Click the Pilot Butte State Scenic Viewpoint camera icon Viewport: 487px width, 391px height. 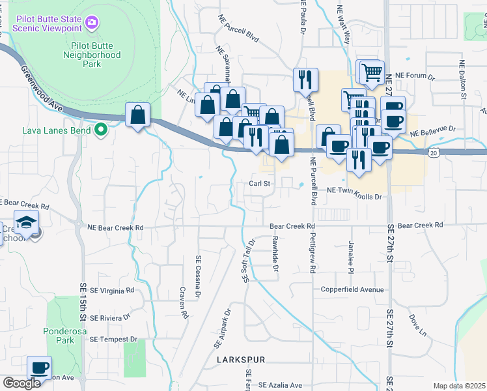tap(92, 23)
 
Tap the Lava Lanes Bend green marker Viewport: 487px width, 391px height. tap(100, 130)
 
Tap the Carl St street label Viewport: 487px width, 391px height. tap(259, 184)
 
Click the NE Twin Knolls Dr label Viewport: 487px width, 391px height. tap(352, 189)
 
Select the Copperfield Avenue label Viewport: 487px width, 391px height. tap(352, 289)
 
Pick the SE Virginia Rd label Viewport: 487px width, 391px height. tap(113, 290)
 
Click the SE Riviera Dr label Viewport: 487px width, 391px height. tap(110, 318)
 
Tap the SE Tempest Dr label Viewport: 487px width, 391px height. tap(114, 340)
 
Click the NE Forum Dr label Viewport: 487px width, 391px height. tap(419, 76)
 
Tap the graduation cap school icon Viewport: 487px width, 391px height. tap(27, 224)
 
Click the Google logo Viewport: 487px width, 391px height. tap(21, 383)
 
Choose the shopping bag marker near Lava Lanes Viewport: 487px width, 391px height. tap(138, 115)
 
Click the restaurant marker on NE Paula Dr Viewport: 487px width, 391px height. tap(305, 80)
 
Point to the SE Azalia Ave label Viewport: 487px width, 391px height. tap(281, 385)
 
